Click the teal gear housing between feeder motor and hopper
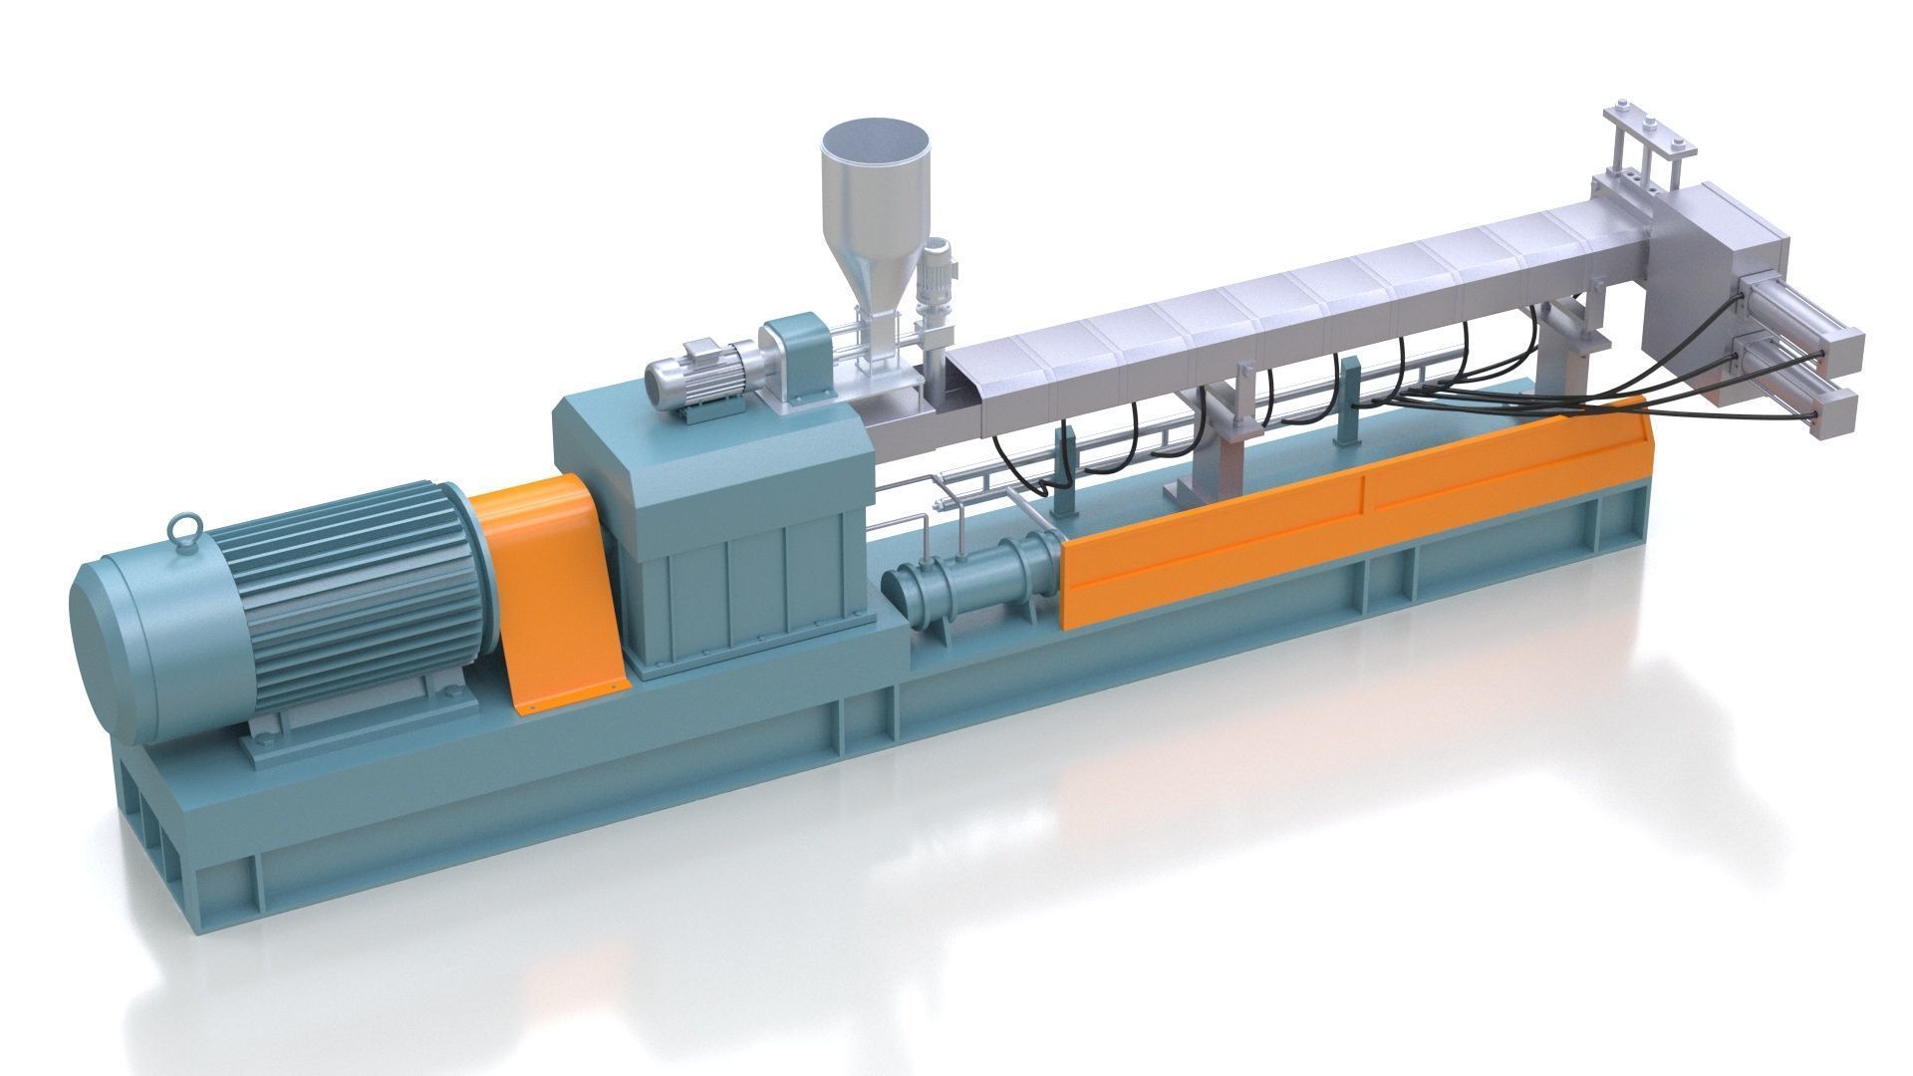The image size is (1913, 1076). [x=797, y=354]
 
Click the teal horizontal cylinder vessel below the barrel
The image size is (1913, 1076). [x=971, y=578]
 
